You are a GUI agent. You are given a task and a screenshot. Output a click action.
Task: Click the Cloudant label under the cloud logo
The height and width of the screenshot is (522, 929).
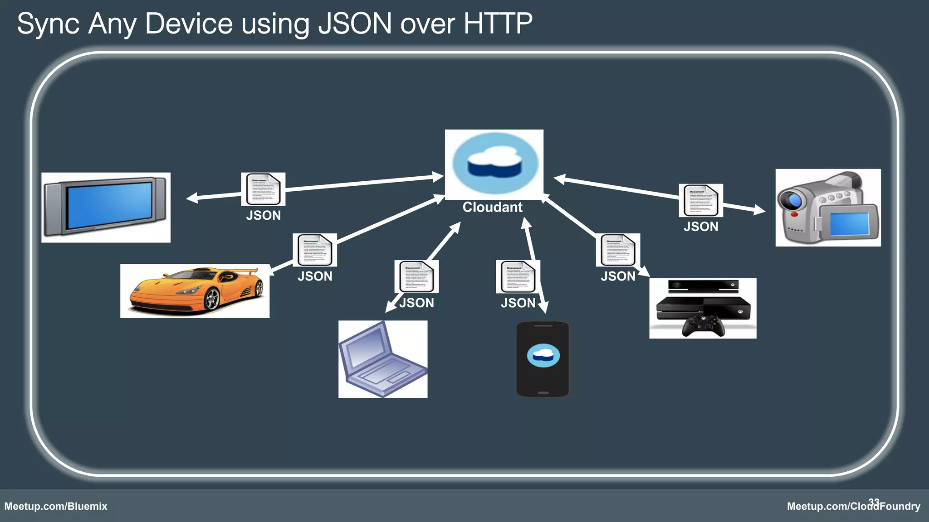point(492,207)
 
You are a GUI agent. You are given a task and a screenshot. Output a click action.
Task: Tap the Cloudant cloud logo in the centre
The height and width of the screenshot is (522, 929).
point(494,163)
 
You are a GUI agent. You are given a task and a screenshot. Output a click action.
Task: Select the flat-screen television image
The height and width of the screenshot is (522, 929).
point(106,207)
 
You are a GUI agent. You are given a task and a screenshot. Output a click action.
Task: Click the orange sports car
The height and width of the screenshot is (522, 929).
point(195,291)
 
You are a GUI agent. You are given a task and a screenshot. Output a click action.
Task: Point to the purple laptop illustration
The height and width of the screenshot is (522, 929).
point(382,359)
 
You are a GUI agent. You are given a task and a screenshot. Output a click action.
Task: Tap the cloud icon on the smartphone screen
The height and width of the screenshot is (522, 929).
point(543,356)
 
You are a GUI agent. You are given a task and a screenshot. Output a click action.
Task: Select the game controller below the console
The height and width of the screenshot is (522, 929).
point(703,326)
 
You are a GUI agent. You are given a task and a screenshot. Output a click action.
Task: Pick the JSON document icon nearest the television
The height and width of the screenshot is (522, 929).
point(263,189)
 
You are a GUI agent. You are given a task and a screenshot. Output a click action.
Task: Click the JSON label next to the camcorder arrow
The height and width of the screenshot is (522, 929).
point(701,227)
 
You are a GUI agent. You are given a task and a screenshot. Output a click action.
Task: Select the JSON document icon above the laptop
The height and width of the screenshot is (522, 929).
point(416,276)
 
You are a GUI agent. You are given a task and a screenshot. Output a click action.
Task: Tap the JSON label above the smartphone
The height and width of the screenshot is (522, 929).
point(518,303)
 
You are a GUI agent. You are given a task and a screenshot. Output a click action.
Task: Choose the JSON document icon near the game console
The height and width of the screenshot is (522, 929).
point(617,250)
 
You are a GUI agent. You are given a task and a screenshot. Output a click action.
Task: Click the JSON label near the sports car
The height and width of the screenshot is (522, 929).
point(315,276)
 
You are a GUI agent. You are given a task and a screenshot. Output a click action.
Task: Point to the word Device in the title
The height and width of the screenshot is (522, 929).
point(189,24)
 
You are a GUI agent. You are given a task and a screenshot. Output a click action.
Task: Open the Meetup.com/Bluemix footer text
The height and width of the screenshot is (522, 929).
point(56,506)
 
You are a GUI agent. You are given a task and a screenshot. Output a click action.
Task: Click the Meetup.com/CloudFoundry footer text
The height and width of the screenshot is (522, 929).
point(853,506)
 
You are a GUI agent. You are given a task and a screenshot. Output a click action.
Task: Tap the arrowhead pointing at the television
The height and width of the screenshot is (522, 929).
point(191,198)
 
